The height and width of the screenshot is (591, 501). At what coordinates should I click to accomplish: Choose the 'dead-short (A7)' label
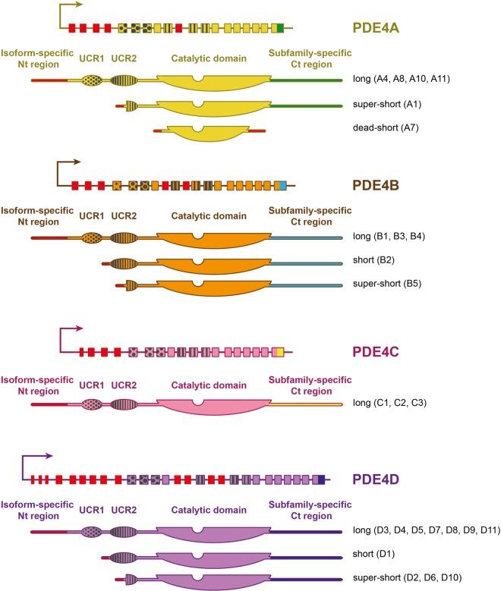[x=385, y=127]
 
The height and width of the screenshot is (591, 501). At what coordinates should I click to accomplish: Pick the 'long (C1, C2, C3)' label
[x=395, y=402]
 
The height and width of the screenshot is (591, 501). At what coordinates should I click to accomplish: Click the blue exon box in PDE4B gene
[x=282, y=184]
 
